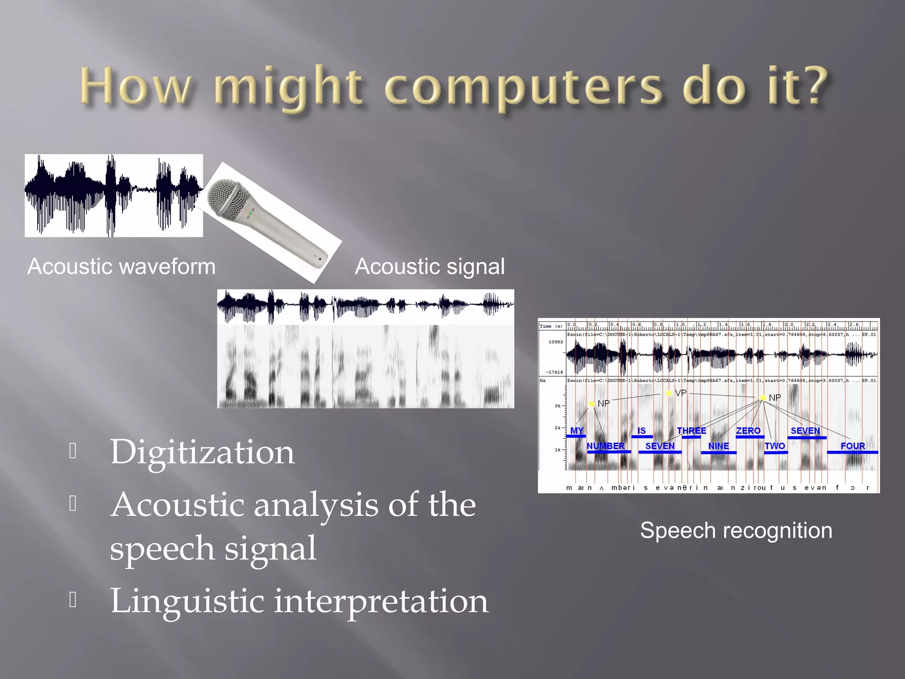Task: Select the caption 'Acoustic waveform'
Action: tap(122, 267)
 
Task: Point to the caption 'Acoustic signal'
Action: tap(430, 267)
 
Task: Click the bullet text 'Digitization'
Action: tap(202, 452)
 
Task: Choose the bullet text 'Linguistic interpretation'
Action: tap(299, 601)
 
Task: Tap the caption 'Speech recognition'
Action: tap(736, 530)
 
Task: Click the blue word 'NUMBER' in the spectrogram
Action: tap(605, 446)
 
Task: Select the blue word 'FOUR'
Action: tap(852, 446)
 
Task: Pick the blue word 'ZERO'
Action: tap(748, 431)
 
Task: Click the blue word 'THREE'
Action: tap(692, 431)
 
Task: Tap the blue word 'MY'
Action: tap(577, 431)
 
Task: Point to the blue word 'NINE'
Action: tap(719, 446)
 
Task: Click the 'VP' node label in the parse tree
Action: tap(681, 393)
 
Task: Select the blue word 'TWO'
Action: tap(775, 446)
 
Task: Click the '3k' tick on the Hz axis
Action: tap(558, 406)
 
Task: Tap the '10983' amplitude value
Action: tap(555, 342)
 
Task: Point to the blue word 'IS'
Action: tap(642, 431)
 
